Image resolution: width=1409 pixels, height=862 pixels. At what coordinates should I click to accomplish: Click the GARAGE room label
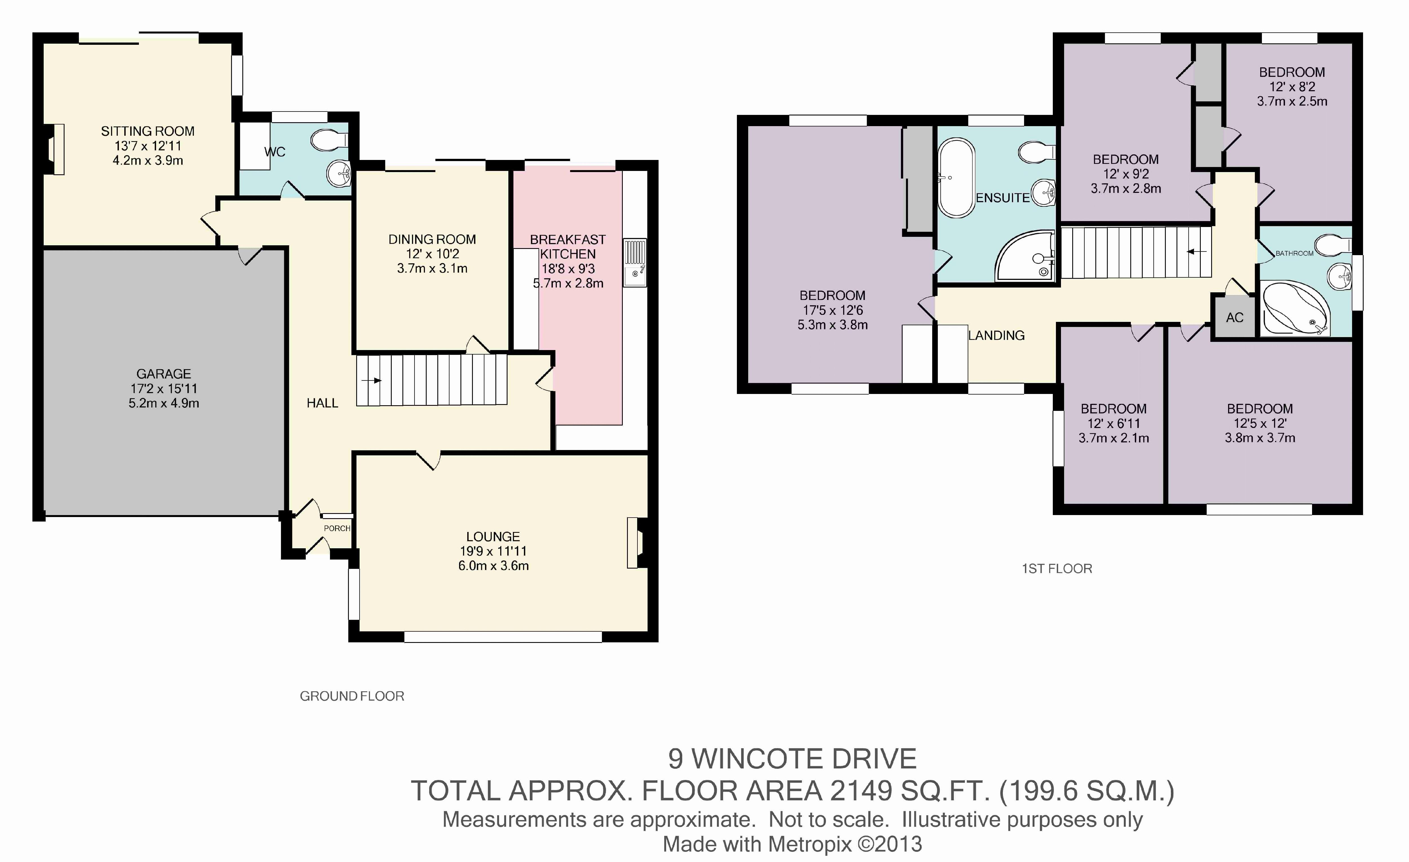(163, 374)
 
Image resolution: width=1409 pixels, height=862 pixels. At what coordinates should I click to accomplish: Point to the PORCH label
(337, 528)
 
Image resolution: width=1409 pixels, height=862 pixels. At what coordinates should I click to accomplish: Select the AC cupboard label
(1235, 318)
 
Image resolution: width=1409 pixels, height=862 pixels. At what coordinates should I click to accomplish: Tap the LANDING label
(996, 336)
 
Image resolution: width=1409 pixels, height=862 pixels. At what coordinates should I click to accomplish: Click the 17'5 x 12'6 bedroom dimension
(832, 310)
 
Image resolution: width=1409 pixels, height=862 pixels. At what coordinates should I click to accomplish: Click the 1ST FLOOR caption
(1057, 569)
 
